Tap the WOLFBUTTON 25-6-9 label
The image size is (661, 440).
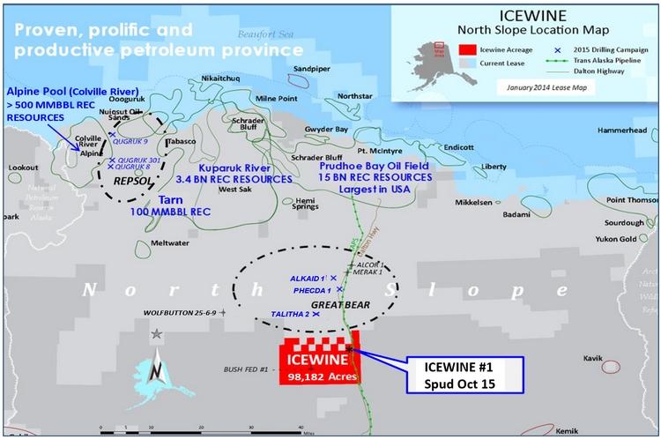pos(181,312)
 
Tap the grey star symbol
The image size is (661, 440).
pos(156,333)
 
